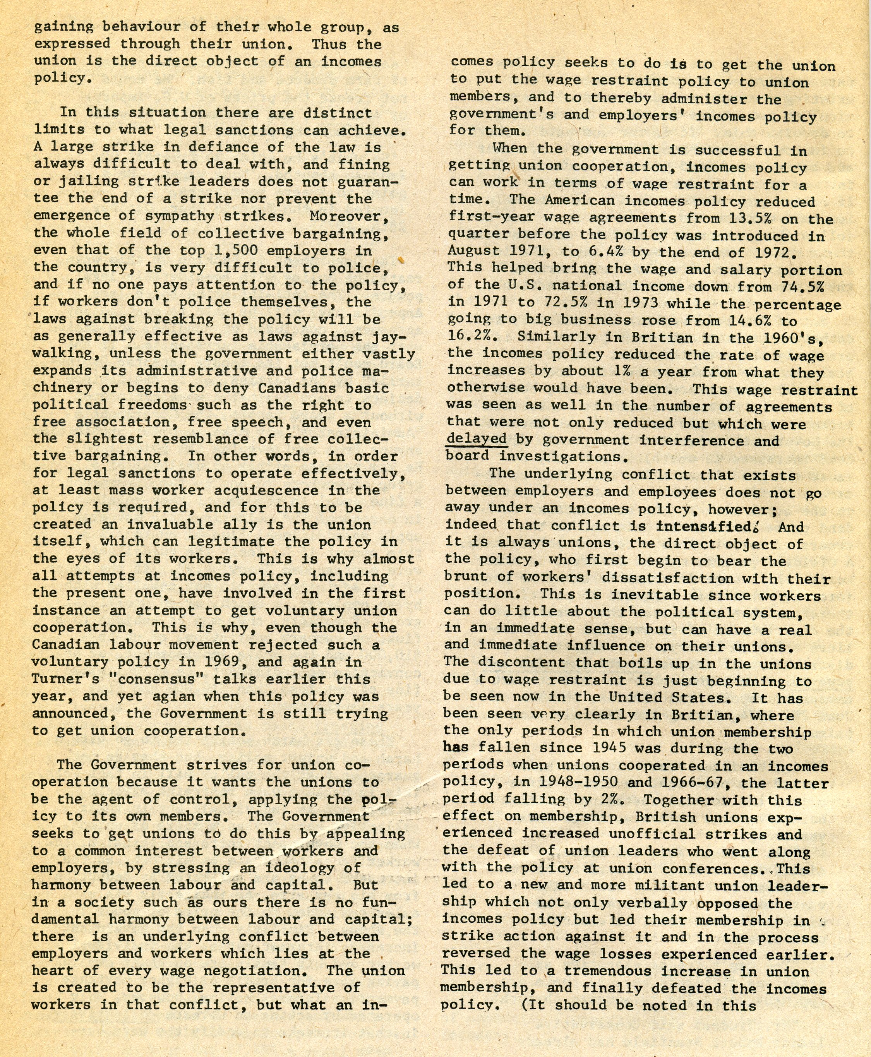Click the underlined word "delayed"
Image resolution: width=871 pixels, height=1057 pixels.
pos(476,439)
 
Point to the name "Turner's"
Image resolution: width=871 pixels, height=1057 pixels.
pos(61,679)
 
